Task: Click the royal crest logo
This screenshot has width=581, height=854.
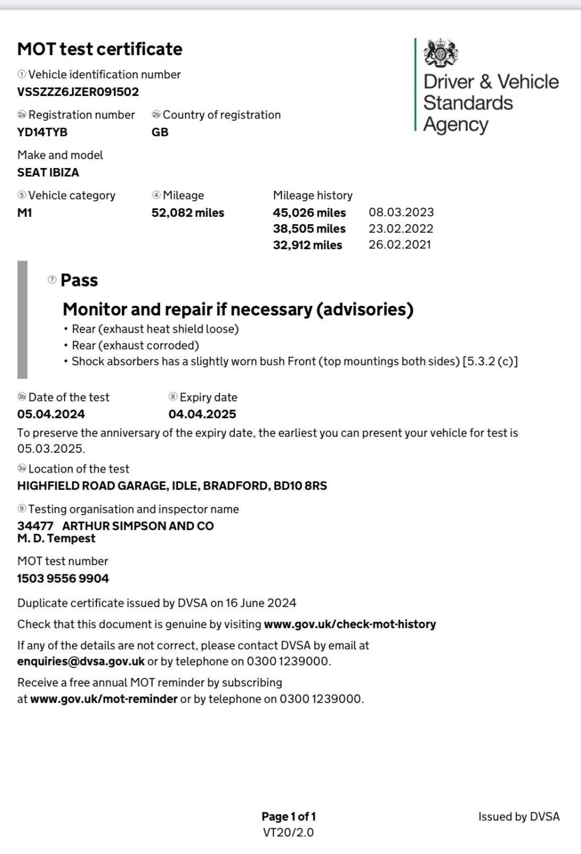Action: tap(441, 52)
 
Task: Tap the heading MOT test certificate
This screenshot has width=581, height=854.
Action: tap(100, 49)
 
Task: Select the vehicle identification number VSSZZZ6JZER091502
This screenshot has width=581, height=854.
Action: tap(78, 92)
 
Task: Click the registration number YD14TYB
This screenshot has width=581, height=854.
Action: tap(43, 132)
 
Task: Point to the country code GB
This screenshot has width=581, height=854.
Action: tap(160, 132)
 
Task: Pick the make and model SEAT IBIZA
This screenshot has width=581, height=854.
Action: tap(48, 173)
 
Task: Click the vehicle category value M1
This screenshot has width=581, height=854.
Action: tap(24, 213)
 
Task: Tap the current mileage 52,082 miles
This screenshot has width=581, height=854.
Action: tap(188, 213)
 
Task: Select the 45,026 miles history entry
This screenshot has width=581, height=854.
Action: tap(309, 213)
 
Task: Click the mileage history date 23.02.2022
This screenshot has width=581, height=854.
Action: tap(401, 229)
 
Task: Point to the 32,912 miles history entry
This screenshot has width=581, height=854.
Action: tap(308, 245)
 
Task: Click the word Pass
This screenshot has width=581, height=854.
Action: tap(79, 280)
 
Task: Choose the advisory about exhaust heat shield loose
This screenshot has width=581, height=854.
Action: tap(155, 329)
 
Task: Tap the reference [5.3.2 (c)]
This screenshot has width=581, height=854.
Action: tap(490, 361)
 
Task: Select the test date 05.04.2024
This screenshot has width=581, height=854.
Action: tap(51, 414)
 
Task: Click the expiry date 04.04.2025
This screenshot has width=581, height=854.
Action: tap(203, 414)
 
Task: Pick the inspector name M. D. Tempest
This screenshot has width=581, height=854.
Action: tap(56, 539)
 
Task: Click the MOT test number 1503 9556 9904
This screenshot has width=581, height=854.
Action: tap(63, 578)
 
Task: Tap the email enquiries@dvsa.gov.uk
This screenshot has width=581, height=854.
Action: tap(81, 662)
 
